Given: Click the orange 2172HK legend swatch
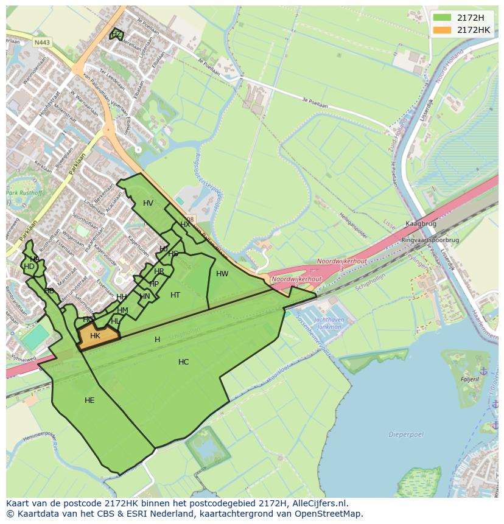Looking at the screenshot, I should coord(443,30).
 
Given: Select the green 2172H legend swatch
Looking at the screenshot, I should coord(443,18).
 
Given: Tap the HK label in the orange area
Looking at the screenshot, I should coord(95,336).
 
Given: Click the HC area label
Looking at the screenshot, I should coord(183,362).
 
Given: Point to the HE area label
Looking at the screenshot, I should coord(89,400).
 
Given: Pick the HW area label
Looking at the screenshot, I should coord(222,274).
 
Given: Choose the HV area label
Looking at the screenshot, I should coord(148,203).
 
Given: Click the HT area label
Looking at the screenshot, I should coord(175,295).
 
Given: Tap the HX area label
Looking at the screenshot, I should coord(185,225).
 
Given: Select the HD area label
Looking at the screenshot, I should coord(29,267).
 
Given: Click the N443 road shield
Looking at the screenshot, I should coord(42,43).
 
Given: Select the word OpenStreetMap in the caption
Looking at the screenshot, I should coord(329,514).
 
